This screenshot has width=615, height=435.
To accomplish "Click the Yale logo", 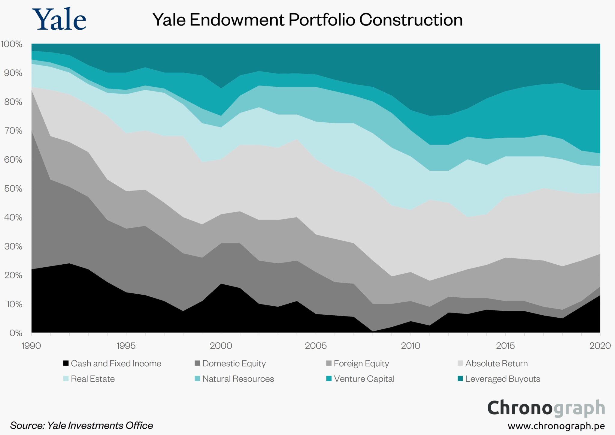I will pos(59,19).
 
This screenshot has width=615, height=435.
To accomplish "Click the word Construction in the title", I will pos(411,20).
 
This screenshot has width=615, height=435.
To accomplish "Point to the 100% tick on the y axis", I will pos(12,44).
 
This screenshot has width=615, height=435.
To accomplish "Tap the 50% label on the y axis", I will pos(13,188).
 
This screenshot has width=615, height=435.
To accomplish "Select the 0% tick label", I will pos(16,333).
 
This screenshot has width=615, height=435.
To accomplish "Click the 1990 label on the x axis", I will pos(31,346).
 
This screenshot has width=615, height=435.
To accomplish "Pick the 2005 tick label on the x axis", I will pos(316,346).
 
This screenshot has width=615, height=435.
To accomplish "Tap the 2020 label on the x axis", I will pos(600,346).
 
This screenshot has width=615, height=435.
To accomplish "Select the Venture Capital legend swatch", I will pos(329,379).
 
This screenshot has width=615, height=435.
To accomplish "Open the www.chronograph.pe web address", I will pos(556,426).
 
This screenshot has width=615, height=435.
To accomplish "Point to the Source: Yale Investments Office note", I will pos(81,425).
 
